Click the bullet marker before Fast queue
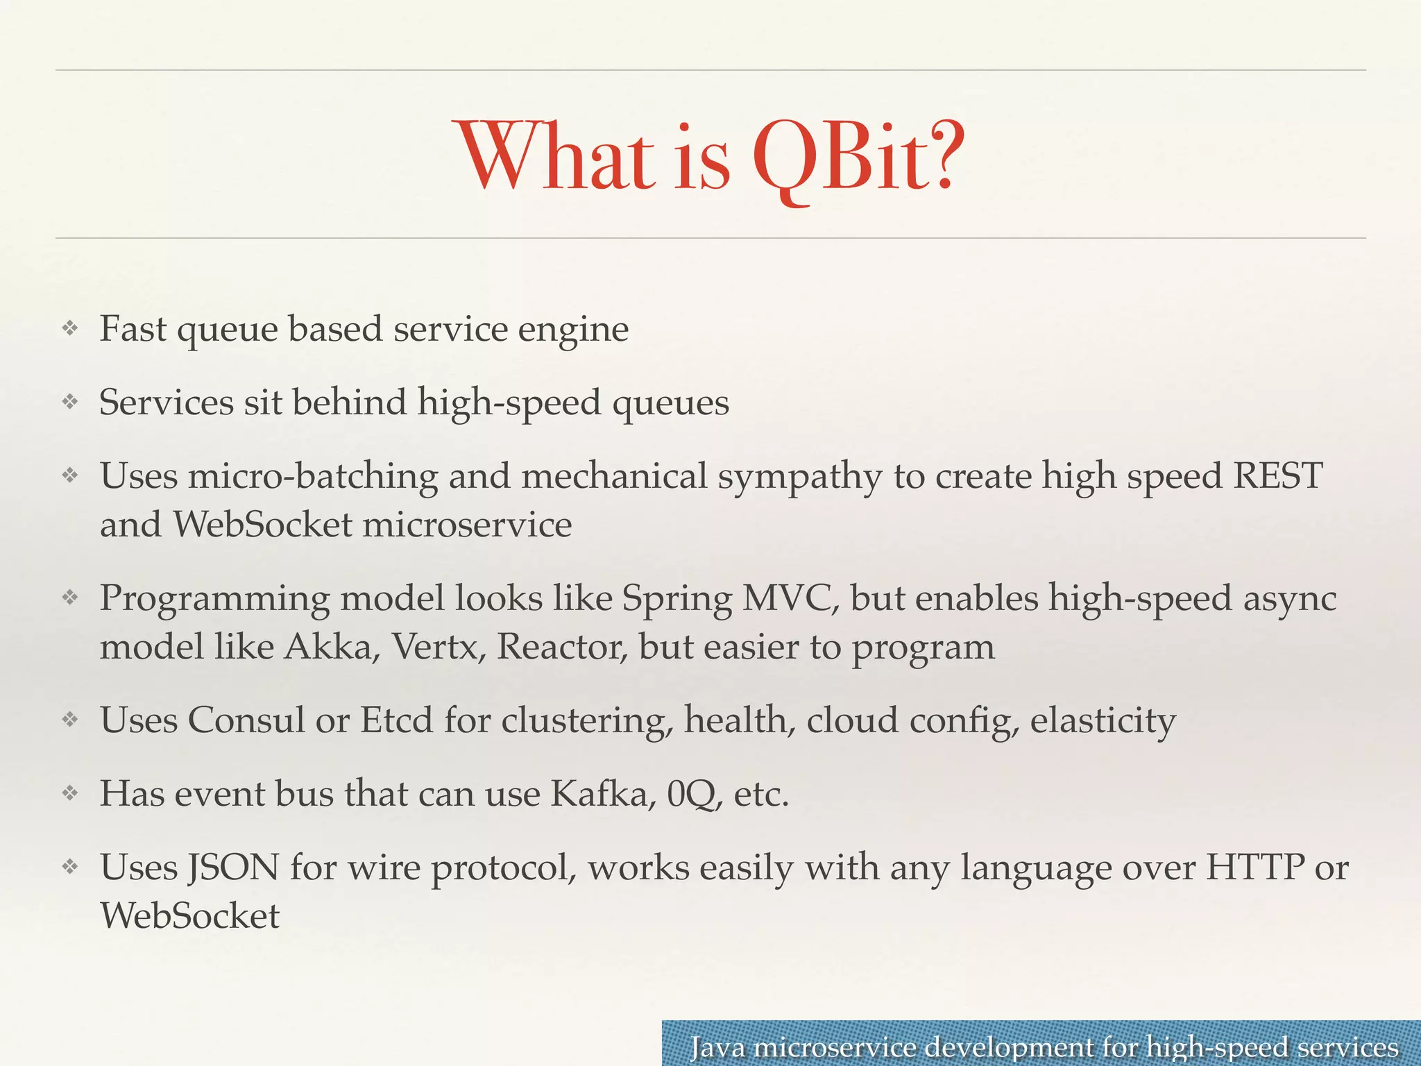pyautogui.click(x=69, y=328)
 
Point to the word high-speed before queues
pyautogui.click(x=509, y=403)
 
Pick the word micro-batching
pyautogui.click(x=313, y=477)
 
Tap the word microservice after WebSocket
pyautogui.click(x=467, y=524)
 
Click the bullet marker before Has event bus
pyautogui.click(x=69, y=793)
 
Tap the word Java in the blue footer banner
pyautogui.click(x=717, y=1047)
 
